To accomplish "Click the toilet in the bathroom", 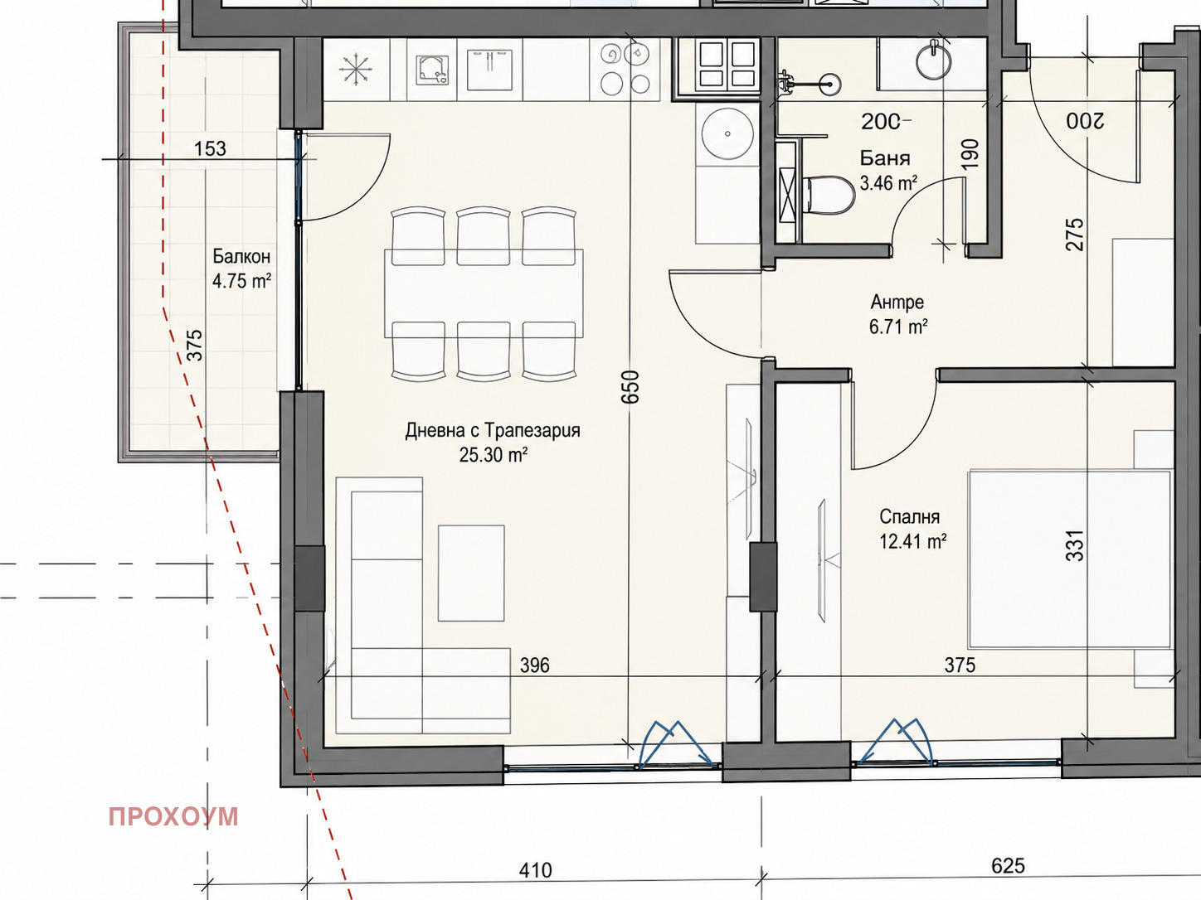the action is point(829,195).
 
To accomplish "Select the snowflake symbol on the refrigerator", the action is point(356,70).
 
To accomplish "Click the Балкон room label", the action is point(241,256).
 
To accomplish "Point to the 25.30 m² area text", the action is point(493,455).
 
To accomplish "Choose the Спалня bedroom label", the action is point(910,516).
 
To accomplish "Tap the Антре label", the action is point(897,302).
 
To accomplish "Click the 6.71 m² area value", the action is point(898,327).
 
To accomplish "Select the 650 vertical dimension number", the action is point(630,388).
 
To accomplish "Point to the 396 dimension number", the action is point(535,665).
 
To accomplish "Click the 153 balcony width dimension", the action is point(210,148).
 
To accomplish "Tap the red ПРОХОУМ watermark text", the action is point(173,817).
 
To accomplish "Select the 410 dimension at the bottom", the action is point(535,870).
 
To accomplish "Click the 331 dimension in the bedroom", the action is point(1075,545).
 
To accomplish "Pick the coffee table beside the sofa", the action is point(471,573).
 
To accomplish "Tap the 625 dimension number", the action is point(1007,865).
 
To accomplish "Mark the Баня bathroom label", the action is point(885,158).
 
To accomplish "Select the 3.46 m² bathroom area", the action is point(888,183).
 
